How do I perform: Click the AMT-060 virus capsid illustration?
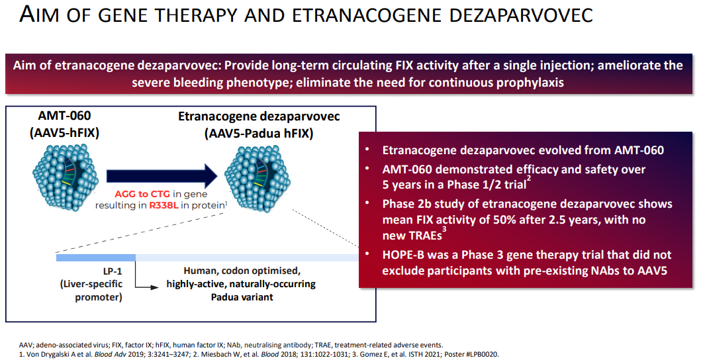[x=66, y=173]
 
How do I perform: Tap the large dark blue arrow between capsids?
[x=162, y=176]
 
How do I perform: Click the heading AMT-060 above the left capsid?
[x=64, y=116]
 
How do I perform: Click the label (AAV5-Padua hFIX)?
[x=259, y=133]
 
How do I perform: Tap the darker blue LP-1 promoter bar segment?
[x=96, y=257]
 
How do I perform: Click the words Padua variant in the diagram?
[x=242, y=296]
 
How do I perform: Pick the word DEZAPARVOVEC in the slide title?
[x=521, y=15]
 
